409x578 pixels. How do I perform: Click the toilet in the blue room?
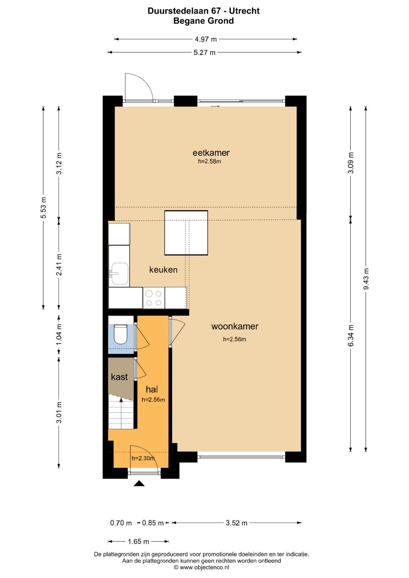pos(120,334)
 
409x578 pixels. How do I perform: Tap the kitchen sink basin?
pos(119,274)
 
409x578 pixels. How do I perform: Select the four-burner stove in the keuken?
pos(154,298)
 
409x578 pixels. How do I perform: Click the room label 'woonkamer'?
pos(235,326)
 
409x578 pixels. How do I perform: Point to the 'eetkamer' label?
pos(211,153)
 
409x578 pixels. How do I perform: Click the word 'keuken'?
pos(163,270)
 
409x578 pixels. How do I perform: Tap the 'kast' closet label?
pos(119,377)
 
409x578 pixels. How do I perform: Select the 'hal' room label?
pos(151,389)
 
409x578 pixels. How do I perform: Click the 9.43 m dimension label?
pos(366,279)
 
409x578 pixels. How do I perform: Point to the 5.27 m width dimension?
pos(204,53)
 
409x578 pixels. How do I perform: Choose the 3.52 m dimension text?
pos(237,523)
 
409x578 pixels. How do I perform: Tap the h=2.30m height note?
pos(143,458)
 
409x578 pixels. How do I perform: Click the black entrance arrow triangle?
pos(139,483)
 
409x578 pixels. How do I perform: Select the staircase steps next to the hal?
pos(121,412)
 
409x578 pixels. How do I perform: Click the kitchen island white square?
pos(186,233)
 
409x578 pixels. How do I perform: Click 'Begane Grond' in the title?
pos(203,21)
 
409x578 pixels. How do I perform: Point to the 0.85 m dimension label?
pos(153,523)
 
